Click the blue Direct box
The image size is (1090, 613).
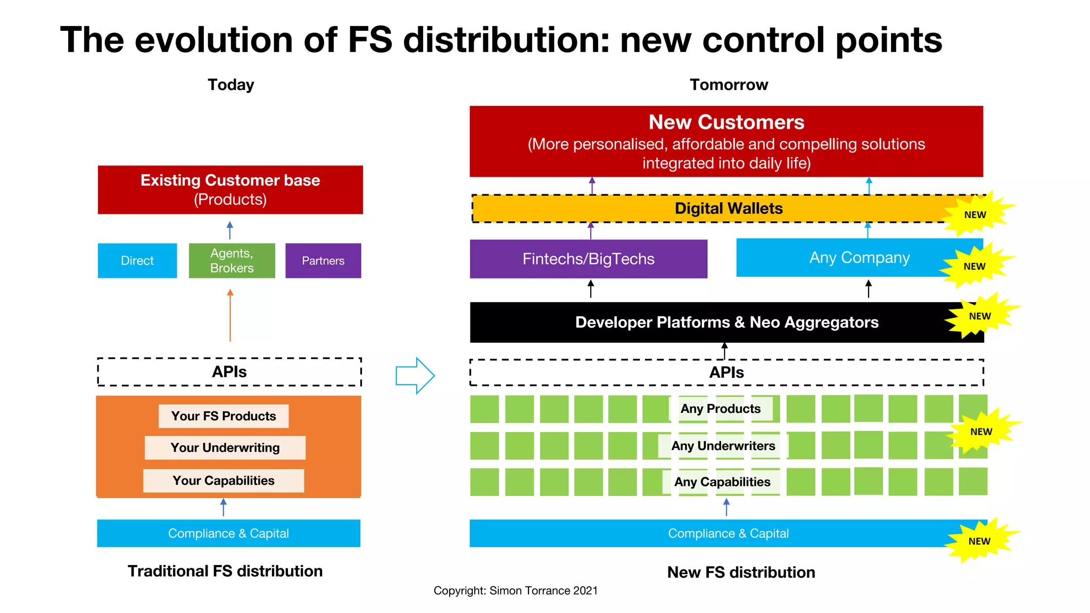tap(137, 261)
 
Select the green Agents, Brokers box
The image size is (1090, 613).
tap(232, 261)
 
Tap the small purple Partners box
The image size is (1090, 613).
tap(323, 261)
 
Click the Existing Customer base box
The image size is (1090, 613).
tap(230, 190)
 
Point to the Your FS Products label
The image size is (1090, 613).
tap(224, 416)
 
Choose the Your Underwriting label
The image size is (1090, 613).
tap(225, 448)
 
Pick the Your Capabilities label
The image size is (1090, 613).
tap(224, 481)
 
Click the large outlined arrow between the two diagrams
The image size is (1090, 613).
tap(415, 376)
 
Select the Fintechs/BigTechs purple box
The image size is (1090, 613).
tap(589, 259)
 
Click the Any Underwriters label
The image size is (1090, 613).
tap(723, 446)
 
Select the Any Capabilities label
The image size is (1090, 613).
tap(722, 482)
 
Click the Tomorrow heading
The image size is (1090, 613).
tap(729, 85)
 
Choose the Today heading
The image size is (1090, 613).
tap(231, 85)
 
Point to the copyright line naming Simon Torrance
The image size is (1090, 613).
tap(515, 591)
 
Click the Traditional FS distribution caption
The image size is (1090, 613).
tap(225, 571)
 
